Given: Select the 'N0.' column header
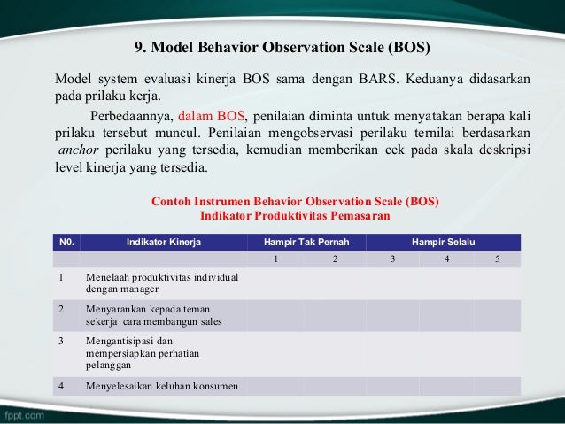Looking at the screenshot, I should [66, 241].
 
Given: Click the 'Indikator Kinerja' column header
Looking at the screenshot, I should [164, 241].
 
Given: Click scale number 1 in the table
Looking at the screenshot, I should [275, 258].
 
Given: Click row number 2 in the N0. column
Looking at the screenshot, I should [61, 309].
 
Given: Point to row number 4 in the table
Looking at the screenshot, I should [61, 386].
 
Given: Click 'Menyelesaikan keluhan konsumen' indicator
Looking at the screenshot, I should [155, 386].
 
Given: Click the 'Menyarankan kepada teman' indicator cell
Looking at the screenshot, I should [153, 315].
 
